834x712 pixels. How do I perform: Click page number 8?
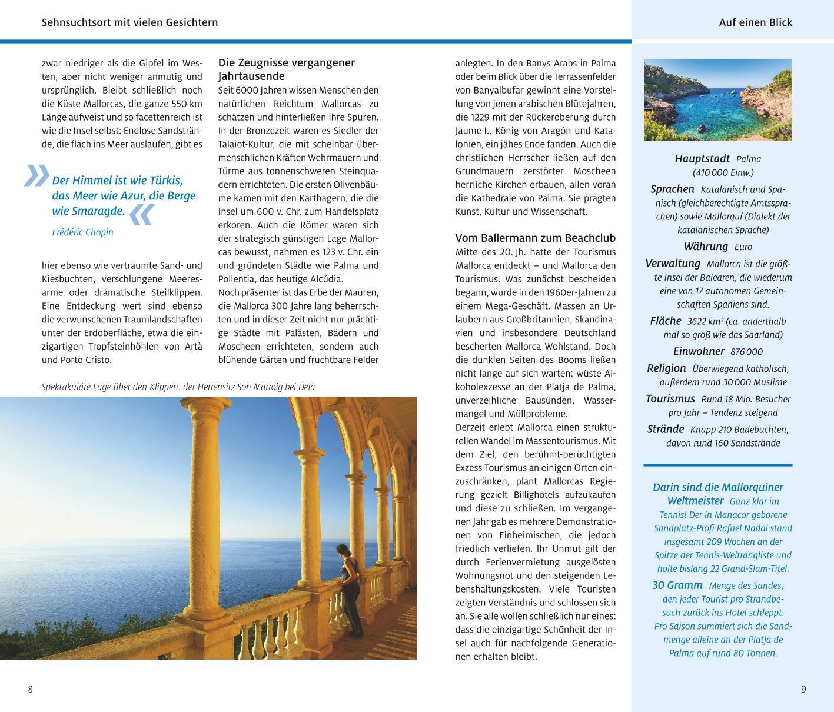pyautogui.click(x=31, y=689)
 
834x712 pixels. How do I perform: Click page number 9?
pyautogui.click(x=803, y=689)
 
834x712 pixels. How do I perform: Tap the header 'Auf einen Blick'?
pyautogui.click(x=755, y=22)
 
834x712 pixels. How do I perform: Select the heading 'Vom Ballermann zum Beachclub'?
pyautogui.click(x=535, y=238)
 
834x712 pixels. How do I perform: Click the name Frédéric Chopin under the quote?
pyautogui.click(x=82, y=232)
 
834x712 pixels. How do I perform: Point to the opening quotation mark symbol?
pyautogui.click(x=36, y=175)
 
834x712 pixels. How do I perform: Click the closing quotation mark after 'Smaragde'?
pyautogui.click(x=141, y=215)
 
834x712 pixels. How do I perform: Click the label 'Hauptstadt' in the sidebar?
pyautogui.click(x=702, y=159)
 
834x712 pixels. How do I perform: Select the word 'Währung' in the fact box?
pyautogui.click(x=706, y=247)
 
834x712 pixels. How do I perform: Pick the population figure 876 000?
pyautogui.click(x=746, y=352)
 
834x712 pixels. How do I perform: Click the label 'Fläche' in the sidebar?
pyautogui.click(x=665, y=321)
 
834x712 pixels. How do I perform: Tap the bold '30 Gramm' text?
pyautogui.click(x=677, y=585)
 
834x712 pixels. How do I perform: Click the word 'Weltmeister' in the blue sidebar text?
pyautogui.click(x=695, y=501)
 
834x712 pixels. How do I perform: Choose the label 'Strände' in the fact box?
pyautogui.click(x=665, y=429)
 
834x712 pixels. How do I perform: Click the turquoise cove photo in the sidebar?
pyautogui.click(x=717, y=99)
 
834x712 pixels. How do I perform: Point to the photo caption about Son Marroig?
pyautogui.click(x=178, y=387)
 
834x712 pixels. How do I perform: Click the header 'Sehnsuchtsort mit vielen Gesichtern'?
pyautogui.click(x=129, y=22)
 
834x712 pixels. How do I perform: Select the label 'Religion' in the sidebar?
pyautogui.click(x=666, y=368)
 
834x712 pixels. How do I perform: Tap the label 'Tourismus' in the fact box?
pyautogui.click(x=670, y=398)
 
